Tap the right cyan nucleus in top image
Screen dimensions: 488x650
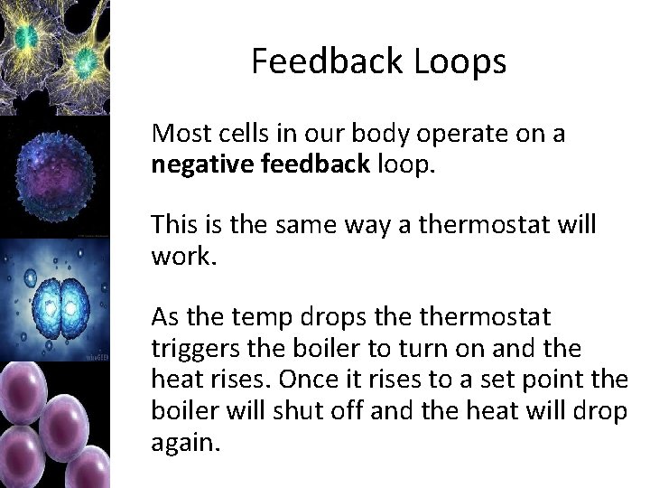[86, 61]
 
